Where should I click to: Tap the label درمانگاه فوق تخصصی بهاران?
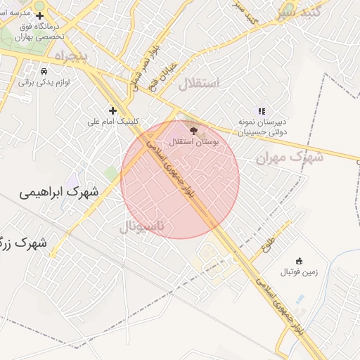coord(40,30)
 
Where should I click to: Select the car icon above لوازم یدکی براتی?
coord(44,71)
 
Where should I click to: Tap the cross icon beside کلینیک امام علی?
coord(112,110)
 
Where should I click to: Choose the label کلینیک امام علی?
coord(112,121)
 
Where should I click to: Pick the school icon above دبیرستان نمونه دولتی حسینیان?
coord(262,110)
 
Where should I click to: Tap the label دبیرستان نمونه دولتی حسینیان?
coord(262,127)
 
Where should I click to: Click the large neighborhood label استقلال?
coord(199,84)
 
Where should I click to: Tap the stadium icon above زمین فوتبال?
coord(299,261)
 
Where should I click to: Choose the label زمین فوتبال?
coord(299,271)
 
